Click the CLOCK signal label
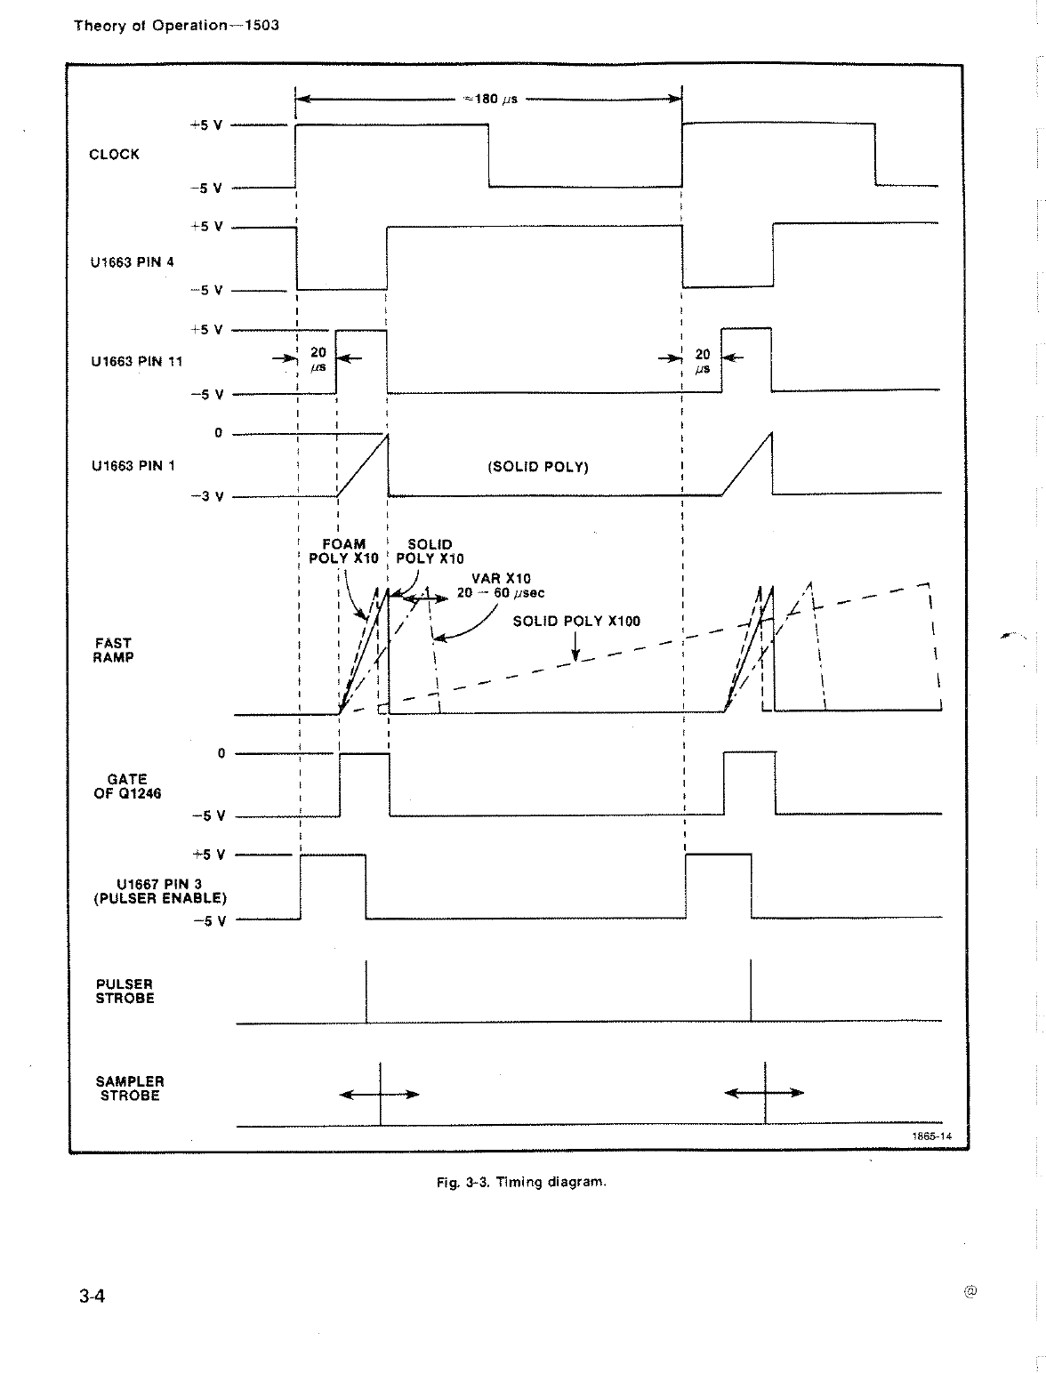[114, 154]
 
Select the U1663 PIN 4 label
[132, 262]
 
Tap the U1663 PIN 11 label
[136, 361]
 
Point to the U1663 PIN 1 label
[133, 465]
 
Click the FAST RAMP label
[113, 650]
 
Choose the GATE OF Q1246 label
[127, 786]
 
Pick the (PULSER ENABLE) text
[160, 898]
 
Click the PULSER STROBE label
[125, 991]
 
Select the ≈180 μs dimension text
[490, 99]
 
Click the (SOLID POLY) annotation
[538, 467]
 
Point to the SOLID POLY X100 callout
[576, 621]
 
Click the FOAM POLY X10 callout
[343, 551]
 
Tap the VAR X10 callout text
[501, 578]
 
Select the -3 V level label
[207, 497]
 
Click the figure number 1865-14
[931, 1136]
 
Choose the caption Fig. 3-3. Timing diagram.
[521, 1182]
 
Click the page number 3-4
[92, 1296]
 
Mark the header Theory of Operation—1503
[176, 25]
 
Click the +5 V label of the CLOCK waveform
[205, 125]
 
